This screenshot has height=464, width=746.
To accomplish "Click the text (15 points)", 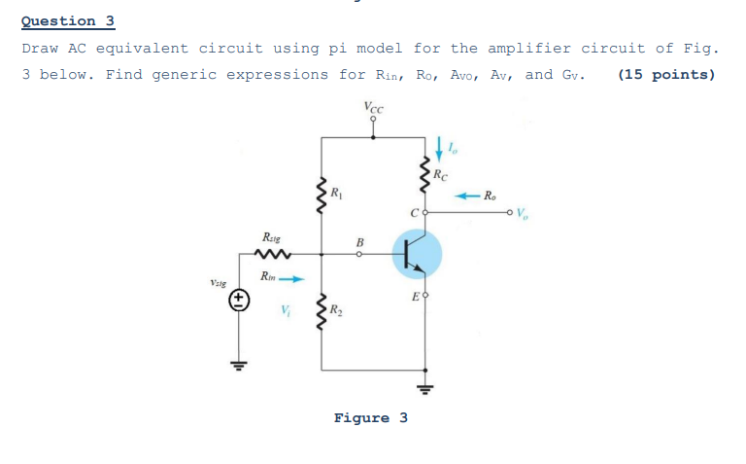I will click(x=665, y=75).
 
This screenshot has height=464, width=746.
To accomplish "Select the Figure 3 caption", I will click(x=370, y=418).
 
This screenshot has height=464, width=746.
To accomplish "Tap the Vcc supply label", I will click(x=372, y=108).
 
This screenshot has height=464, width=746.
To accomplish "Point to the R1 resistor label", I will click(x=336, y=192).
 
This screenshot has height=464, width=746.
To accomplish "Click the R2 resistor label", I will click(x=336, y=311).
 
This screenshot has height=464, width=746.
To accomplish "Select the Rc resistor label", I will click(x=442, y=175).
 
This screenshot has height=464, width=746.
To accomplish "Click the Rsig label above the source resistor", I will click(x=273, y=236).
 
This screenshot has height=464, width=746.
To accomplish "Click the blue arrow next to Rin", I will click(x=293, y=278).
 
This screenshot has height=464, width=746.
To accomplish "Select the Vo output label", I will click(x=526, y=213).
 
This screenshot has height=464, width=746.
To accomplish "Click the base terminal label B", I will click(x=358, y=242).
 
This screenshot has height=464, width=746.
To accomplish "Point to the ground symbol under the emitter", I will click(x=424, y=390).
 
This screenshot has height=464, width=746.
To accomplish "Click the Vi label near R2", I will click(x=285, y=311).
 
